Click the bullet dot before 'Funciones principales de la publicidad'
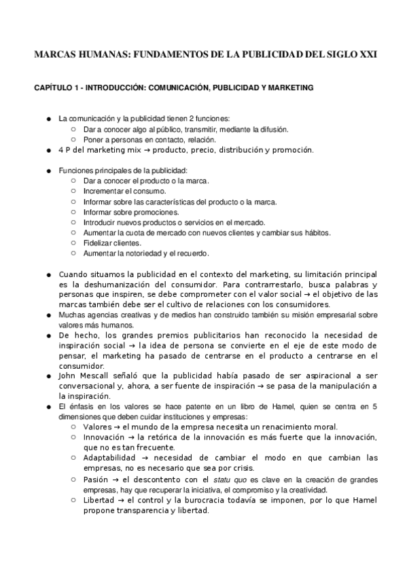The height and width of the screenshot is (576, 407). tap(49, 170)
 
